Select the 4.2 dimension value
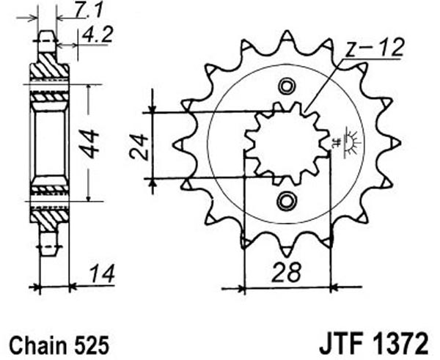tap(97, 34)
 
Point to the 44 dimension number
tap(89, 144)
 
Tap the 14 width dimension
tap(103, 273)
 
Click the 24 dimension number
tap(139, 147)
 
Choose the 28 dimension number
tap(287, 271)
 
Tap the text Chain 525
tap(59, 345)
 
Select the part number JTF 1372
tap(374, 344)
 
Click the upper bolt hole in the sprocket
tap(287, 87)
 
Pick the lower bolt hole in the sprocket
tap(287, 201)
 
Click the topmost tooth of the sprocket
tap(287, 36)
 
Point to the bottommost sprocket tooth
tap(287, 250)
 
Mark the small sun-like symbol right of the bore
tap(351, 142)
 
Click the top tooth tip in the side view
tap(47, 36)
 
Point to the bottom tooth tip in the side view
tap(47, 250)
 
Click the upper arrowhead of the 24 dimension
tap(153, 109)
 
